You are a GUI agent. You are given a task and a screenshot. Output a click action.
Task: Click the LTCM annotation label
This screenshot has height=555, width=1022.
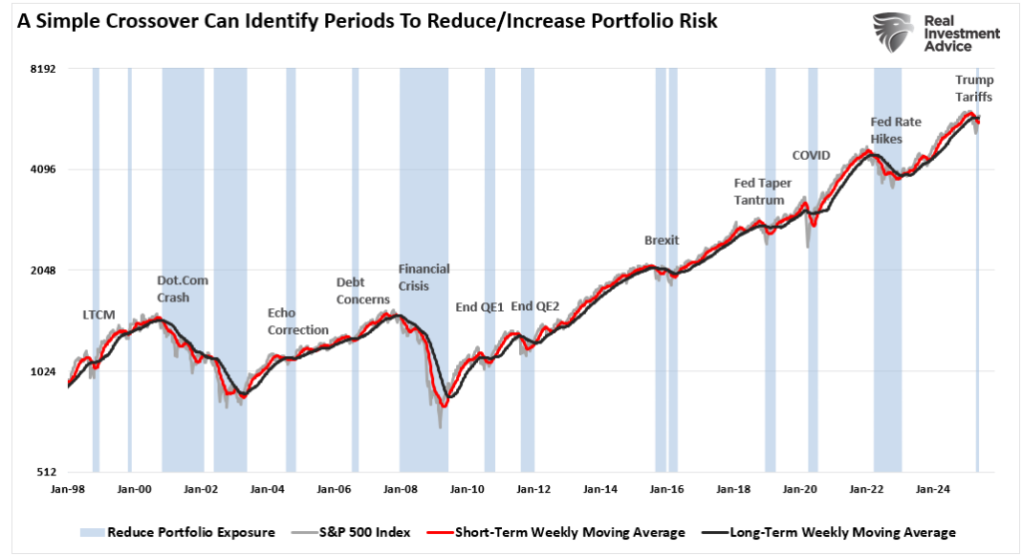99,315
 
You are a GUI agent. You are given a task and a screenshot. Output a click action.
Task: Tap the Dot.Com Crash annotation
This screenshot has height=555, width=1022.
183,289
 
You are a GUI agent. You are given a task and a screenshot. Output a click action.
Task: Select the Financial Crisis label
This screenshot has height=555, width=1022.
424,277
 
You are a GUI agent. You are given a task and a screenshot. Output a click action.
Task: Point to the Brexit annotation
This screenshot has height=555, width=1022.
662,241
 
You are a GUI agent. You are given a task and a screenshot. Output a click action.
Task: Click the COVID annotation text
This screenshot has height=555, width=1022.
810,155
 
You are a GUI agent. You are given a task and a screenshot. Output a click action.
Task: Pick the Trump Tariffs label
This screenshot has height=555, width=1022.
973,88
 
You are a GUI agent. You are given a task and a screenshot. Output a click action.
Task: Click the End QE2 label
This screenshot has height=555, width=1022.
535,307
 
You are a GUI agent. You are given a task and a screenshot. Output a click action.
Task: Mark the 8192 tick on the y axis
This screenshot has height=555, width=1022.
41,69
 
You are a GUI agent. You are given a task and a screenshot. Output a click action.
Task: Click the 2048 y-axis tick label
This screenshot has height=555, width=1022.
41,271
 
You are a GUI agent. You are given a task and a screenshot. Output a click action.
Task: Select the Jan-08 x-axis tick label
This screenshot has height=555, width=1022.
400,490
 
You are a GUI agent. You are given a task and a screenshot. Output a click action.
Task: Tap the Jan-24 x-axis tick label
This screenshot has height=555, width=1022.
932,490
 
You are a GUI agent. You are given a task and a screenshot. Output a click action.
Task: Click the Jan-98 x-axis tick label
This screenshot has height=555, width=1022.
68,490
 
